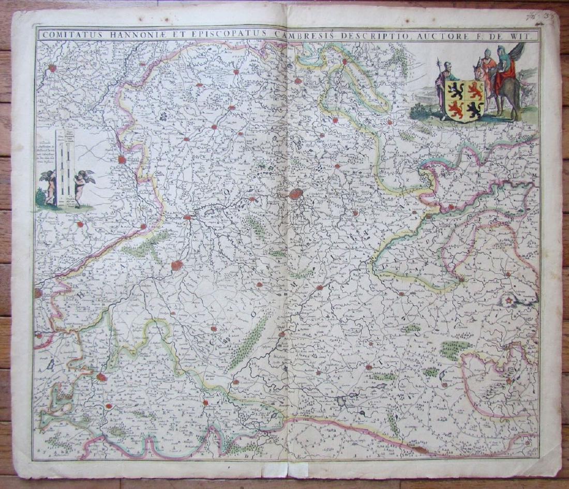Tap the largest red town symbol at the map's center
click(x=296, y=194)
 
